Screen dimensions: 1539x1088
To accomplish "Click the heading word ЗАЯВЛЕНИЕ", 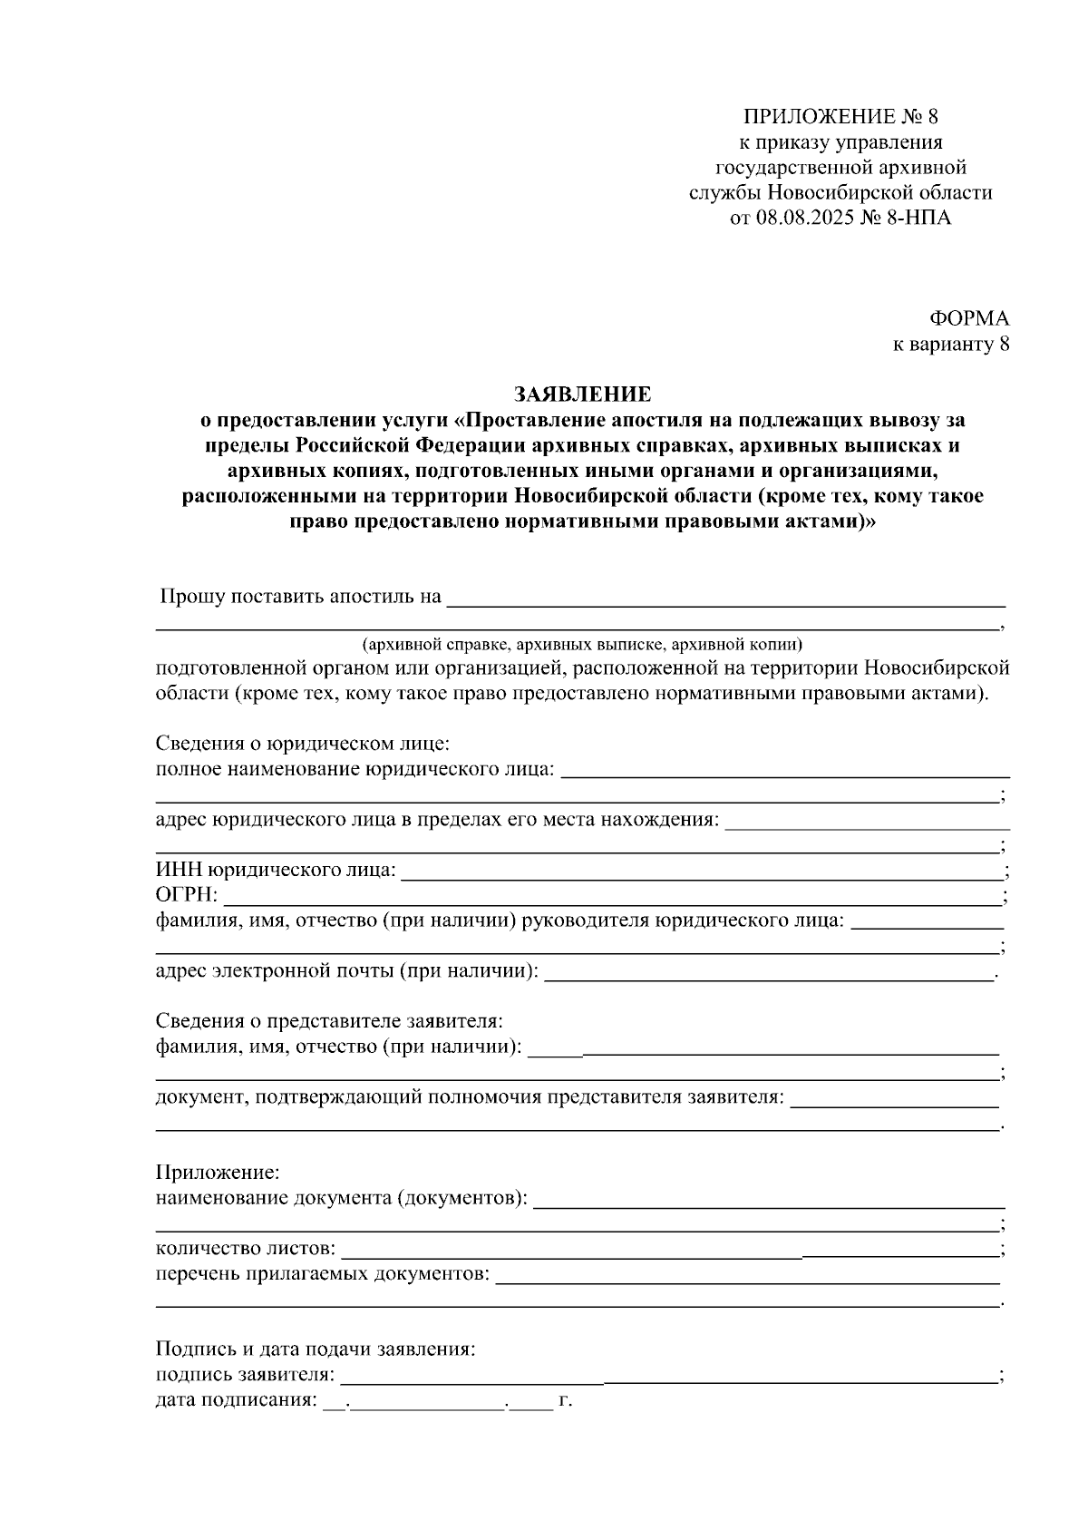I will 582,394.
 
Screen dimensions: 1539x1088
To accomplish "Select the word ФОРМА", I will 969,318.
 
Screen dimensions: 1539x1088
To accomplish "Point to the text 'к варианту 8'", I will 951,345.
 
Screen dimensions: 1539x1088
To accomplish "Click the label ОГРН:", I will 187,896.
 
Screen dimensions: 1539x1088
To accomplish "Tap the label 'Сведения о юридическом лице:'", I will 303,745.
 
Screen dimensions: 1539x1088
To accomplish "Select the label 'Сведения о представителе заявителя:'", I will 329,1021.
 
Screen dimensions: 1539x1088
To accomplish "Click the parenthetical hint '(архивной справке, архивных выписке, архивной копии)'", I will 583,646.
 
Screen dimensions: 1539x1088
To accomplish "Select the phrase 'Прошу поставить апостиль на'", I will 300,597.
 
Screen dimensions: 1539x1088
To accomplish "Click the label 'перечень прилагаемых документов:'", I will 322,1274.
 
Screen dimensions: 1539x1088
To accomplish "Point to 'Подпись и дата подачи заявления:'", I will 316,1349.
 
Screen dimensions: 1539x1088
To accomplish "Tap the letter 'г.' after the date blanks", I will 566,1400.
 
